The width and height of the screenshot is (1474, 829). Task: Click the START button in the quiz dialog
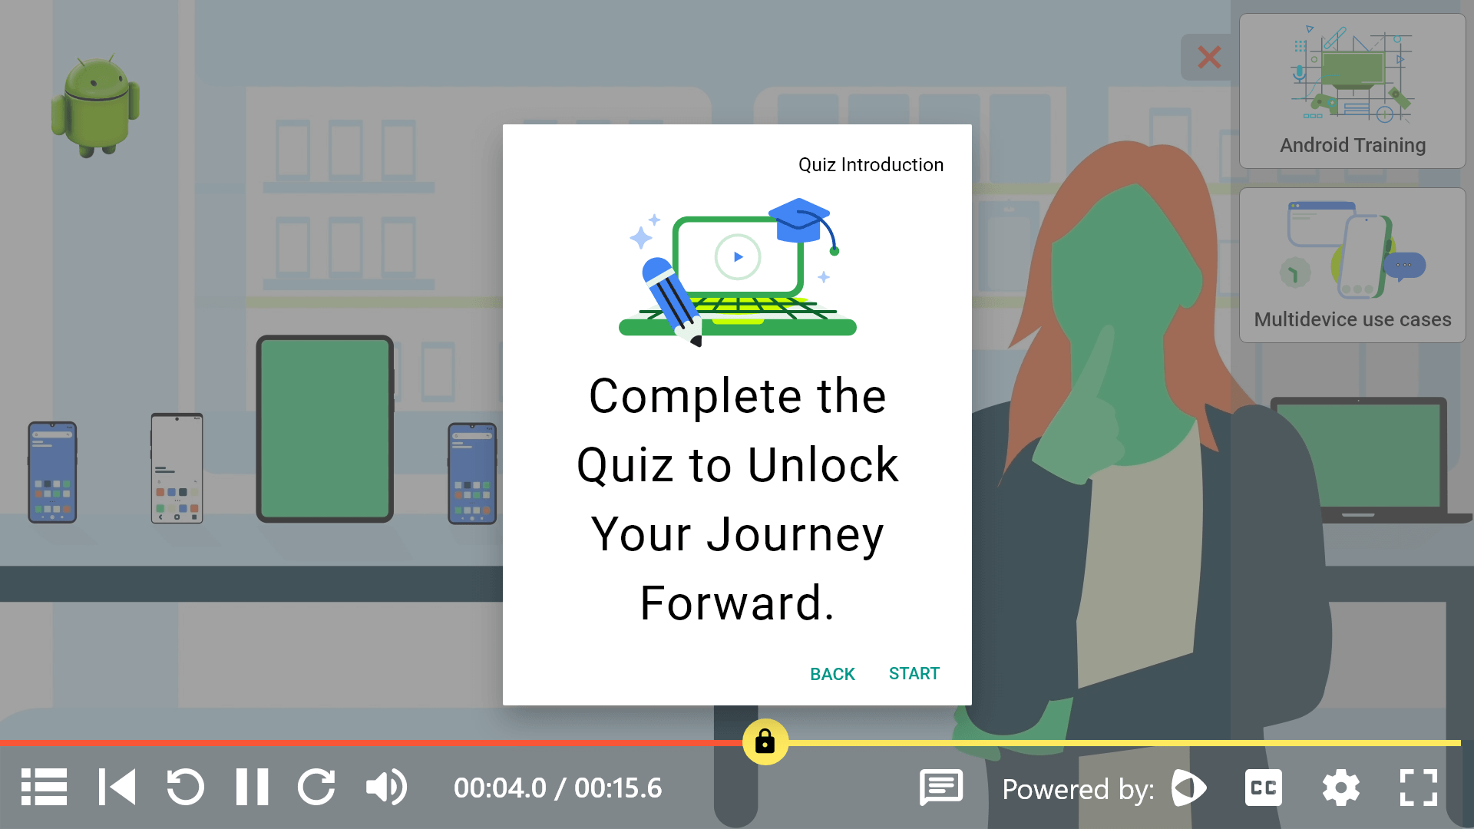(914, 674)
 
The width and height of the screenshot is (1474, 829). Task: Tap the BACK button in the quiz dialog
(832, 674)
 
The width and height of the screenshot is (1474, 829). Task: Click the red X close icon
(1209, 57)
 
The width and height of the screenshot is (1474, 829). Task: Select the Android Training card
(1352, 91)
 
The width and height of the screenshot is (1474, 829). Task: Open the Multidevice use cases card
(1352, 265)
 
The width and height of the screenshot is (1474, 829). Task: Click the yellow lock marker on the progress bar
(765, 741)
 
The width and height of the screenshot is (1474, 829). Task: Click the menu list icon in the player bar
(44, 788)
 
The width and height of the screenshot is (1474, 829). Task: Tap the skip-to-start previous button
(117, 788)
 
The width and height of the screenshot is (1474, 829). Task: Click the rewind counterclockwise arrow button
(185, 788)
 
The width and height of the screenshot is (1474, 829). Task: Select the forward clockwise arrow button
(316, 788)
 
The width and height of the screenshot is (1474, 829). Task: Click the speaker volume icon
(385, 788)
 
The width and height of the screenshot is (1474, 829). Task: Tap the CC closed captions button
(1263, 788)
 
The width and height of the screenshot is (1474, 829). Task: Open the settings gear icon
(1340, 788)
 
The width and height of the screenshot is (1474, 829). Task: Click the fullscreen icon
(1418, 788)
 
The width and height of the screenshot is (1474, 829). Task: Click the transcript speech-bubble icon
(941, 788)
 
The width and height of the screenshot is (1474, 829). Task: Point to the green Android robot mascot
(96, 106)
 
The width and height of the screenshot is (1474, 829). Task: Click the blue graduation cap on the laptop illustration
(799, 220)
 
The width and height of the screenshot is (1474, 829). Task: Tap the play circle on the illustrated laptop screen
(738, 257)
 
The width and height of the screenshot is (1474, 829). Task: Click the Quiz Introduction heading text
(871, 165)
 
